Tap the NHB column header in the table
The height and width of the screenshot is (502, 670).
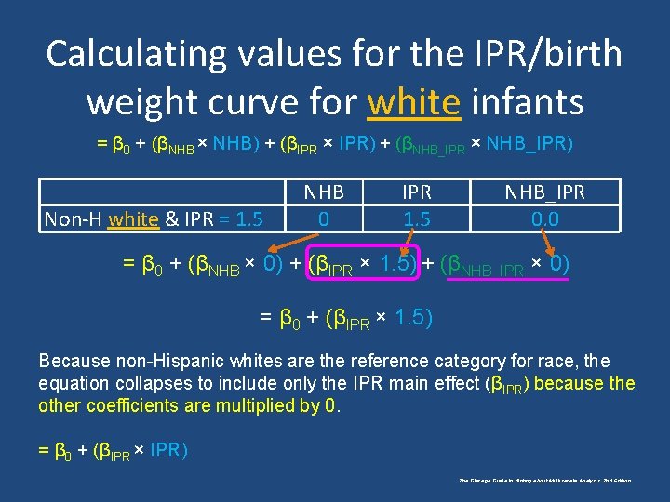[324, 192]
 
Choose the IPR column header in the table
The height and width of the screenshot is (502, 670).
[416, 192]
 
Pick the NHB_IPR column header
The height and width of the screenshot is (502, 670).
[544, 192]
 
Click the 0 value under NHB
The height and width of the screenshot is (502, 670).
[324, 218]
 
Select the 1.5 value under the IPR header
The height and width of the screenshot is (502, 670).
[416, 218]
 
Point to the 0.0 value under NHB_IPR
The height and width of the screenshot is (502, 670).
[544, 218]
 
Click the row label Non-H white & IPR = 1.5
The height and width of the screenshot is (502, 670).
[154, 219]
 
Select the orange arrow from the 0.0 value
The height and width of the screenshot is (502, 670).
[553, 241]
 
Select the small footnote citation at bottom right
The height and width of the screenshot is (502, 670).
[544, 481]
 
